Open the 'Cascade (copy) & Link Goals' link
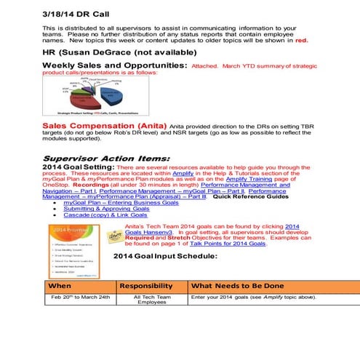[105, 215]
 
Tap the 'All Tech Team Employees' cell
[152, 300]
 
